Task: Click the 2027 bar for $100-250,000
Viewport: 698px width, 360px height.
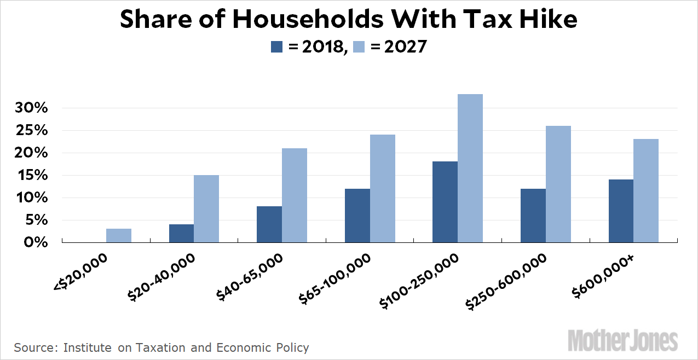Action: (470, 168)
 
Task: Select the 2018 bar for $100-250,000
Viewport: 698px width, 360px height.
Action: (445, 202)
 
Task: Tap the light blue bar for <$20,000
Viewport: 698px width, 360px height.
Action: (119, 235)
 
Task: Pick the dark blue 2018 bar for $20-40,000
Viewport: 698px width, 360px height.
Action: (181, 233)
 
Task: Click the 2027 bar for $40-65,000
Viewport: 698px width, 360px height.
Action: (295, 195)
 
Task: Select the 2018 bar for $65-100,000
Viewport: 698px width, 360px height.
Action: (357, 216)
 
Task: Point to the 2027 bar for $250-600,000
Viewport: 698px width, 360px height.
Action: (558, 184)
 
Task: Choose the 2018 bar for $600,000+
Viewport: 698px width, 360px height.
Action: (621, 211)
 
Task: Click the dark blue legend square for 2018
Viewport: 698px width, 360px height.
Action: (277, 47)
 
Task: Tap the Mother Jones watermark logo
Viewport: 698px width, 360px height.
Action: (622, 340)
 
